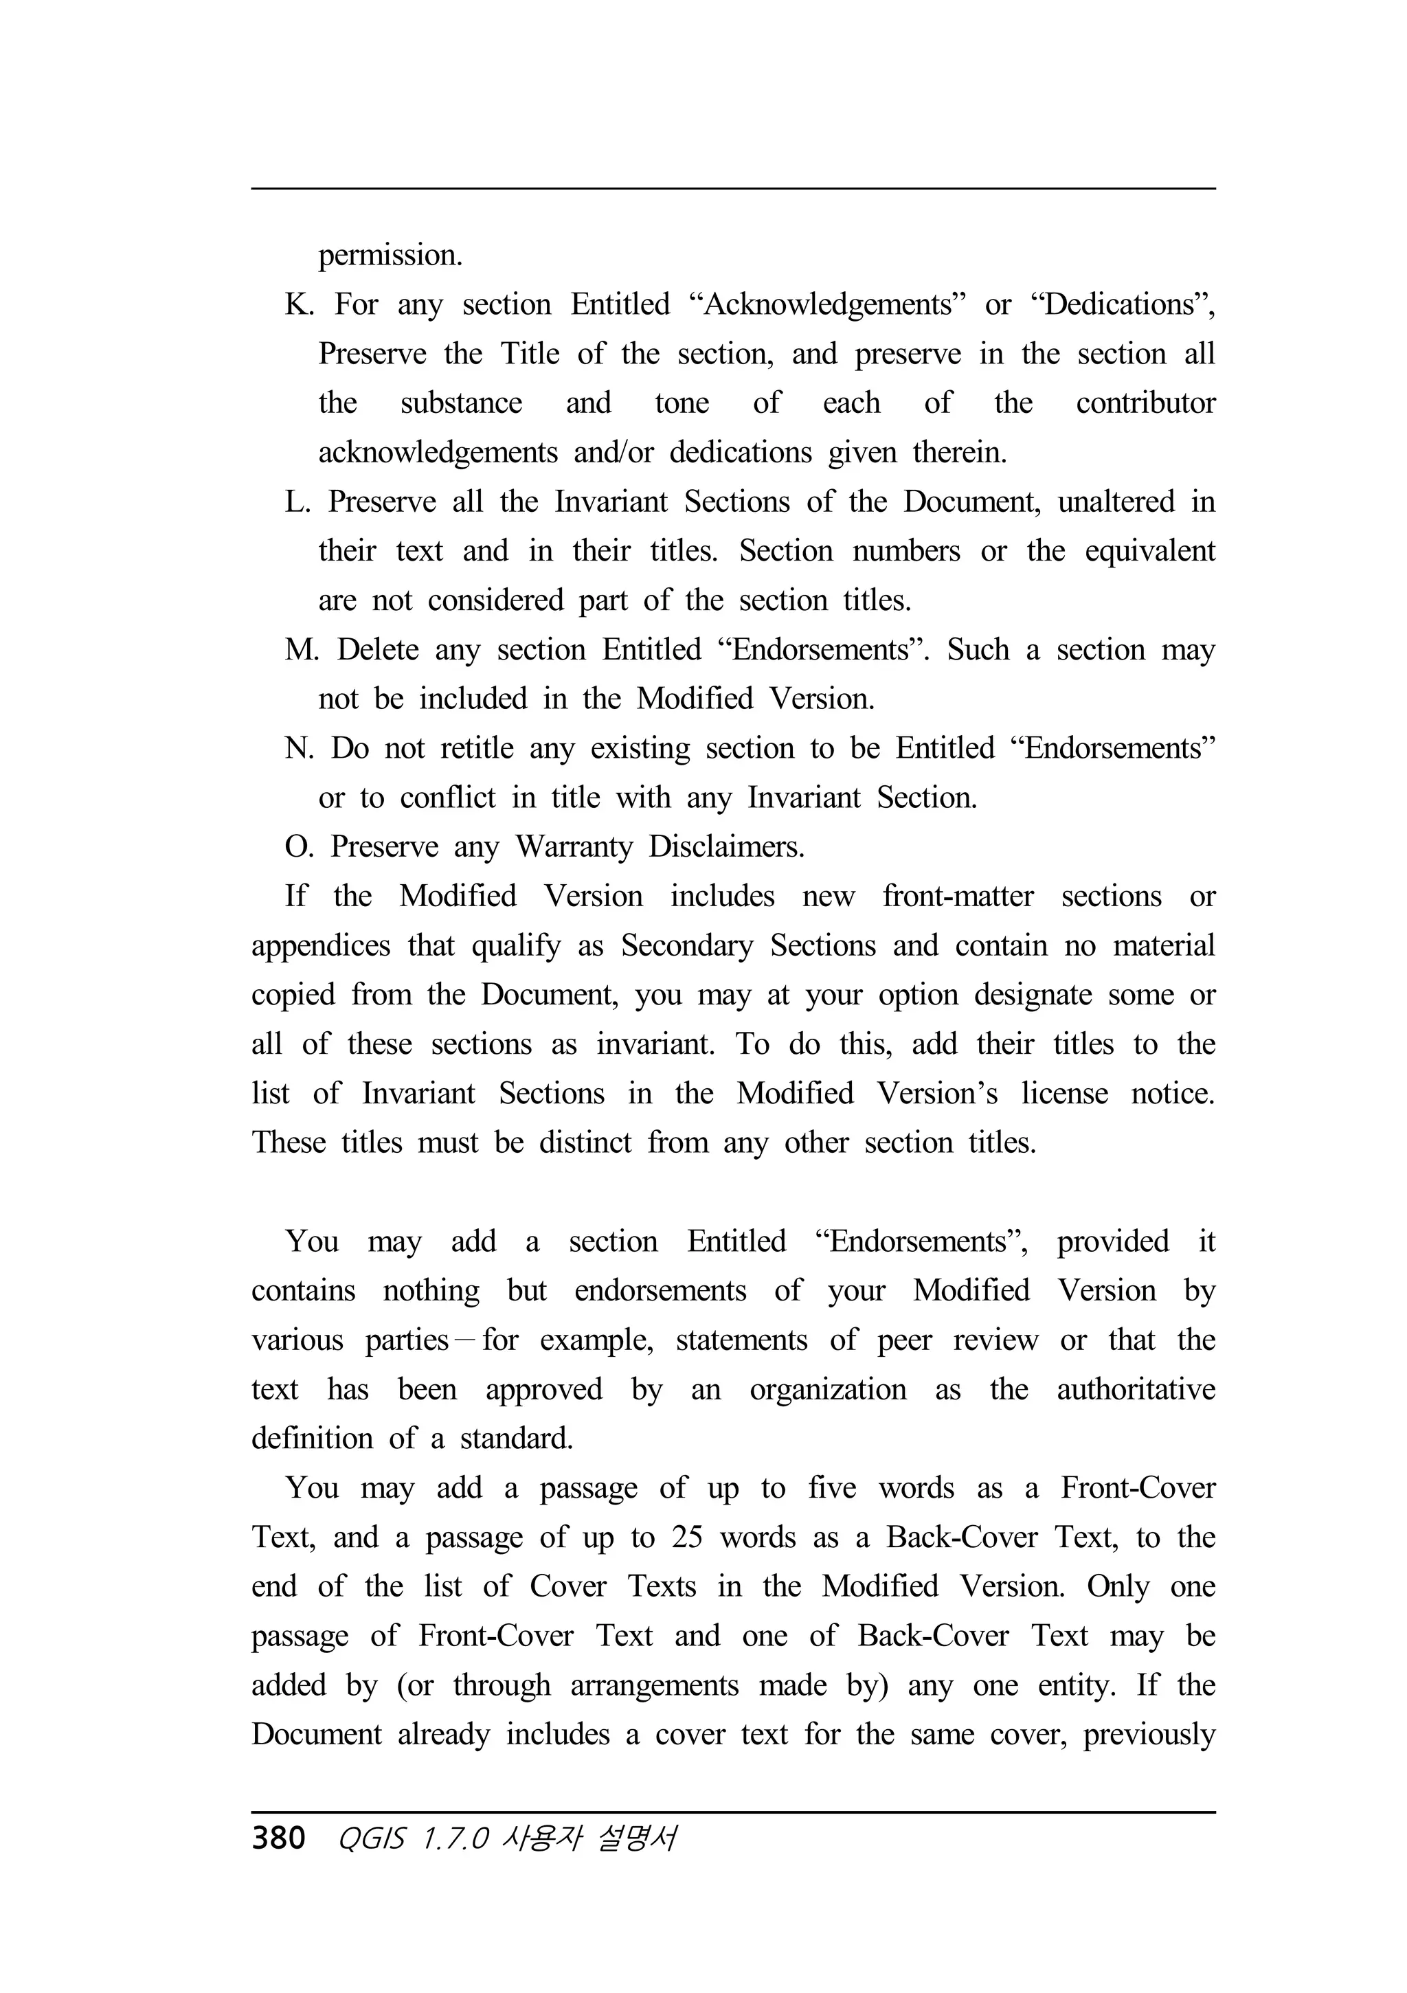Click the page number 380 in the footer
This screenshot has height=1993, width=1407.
point(278,1838)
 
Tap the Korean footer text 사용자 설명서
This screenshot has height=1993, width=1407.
point(589,1838)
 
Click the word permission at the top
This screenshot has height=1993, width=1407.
point(390,255)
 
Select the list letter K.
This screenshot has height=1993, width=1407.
point(297,304)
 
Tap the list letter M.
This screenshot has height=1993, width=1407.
point(301,649)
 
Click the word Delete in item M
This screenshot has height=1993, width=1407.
point(378,649)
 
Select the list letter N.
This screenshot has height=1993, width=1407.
point(297,748)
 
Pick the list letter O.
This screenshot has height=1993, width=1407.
point(297,846)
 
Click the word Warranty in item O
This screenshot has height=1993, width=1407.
point(574,846)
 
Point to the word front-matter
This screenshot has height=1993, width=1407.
point(958,896)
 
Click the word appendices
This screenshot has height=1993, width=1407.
point(320,945)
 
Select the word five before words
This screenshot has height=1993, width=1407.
point(831,1488)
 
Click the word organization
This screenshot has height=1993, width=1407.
point(827,1389)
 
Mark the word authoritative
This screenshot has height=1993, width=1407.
point(1136,1389)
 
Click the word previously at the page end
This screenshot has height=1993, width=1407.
point(1149,1734)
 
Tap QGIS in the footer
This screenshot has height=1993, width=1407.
point(370,1838)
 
